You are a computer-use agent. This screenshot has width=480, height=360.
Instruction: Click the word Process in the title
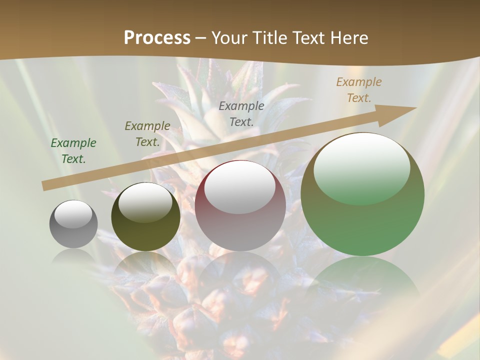[157, 38]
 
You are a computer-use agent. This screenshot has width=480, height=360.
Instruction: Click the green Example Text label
[73, 151]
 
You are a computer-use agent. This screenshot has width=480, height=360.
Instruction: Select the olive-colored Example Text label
[147, 134]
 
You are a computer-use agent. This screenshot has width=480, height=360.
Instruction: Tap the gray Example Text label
[241, 113]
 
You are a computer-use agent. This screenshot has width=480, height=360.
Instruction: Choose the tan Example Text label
[359, 90]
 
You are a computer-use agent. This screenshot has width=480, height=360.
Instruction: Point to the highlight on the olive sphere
[145, 201]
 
